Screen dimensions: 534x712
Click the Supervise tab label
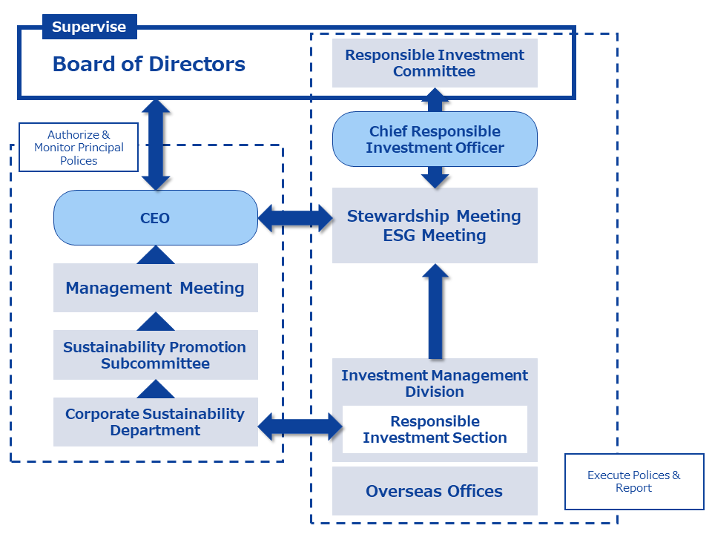89,27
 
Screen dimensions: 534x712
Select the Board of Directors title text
148,64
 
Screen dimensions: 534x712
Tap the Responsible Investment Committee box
435,63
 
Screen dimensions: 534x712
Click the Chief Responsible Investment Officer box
435,139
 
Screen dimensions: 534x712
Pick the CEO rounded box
155,218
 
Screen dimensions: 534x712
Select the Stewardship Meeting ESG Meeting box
435,225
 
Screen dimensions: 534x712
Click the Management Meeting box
155,288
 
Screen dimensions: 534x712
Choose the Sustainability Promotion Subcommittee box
155,355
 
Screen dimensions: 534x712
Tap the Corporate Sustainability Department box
155,422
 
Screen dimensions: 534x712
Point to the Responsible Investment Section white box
435,429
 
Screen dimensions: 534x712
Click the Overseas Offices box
435,491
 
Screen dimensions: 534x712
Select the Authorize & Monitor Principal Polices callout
79,148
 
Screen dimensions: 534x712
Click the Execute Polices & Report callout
634,481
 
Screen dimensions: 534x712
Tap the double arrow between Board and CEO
156,144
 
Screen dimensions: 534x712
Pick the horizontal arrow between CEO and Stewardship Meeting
295,218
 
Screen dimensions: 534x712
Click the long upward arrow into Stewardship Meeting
435,311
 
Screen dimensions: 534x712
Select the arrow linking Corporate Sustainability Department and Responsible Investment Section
300,426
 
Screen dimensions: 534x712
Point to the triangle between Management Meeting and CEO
156,255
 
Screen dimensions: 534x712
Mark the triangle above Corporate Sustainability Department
156,389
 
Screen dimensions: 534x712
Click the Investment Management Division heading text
435,383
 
